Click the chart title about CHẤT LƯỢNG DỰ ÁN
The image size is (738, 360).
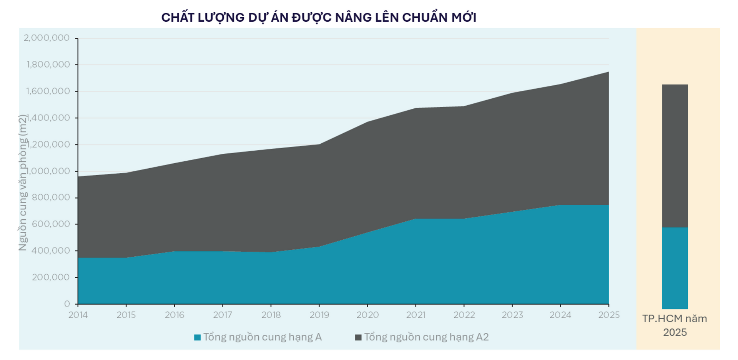(319, 18)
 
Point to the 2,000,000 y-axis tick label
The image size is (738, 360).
(47, 38)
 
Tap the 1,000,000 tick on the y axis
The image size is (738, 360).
(47, 171)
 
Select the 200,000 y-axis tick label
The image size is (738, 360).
(50, 277)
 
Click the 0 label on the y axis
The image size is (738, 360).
(67, 304)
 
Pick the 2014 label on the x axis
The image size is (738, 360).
(78, 315)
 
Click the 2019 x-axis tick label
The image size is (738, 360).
(319, 315)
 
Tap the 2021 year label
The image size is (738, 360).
(416, 315)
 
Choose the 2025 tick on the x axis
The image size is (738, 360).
(608, 315)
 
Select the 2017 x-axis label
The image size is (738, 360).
(223, 315)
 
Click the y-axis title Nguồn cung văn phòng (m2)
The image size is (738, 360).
(23, 183)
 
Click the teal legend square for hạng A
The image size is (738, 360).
(198, 337)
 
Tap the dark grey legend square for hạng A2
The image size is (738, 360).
(358, 337)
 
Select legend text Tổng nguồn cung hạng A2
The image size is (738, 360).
(426, 337)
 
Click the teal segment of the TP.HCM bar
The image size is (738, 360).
(675, 268)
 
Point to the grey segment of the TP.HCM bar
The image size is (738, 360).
(675, 156)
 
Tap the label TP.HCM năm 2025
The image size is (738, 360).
(675, 325)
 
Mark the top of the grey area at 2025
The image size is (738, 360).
(608, 72)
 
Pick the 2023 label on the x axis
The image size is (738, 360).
(512, 315)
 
